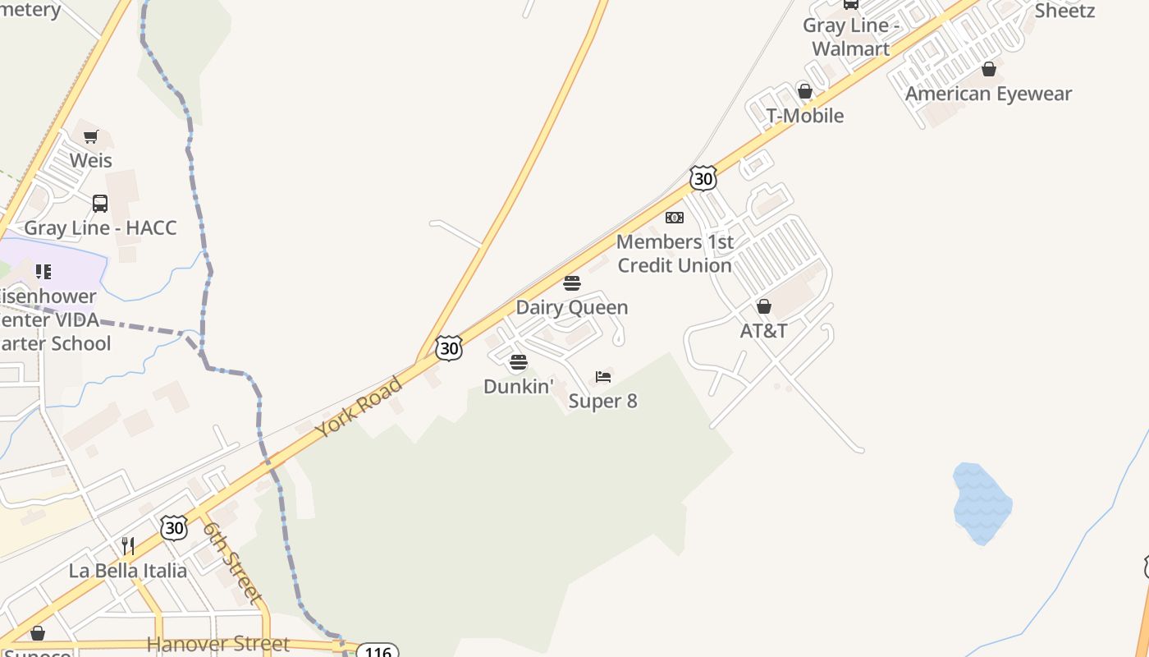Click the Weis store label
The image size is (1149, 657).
(90, 159)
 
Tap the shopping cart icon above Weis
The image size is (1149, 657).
(91, 136)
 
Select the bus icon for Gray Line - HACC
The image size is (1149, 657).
(100, 203)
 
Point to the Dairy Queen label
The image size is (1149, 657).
(571, 307)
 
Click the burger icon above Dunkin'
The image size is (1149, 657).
(518, 362)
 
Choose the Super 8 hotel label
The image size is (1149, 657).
(602, 401)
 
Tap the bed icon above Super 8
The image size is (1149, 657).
(603, 377)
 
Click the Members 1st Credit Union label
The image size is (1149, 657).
(674, 254)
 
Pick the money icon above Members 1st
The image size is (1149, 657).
(674, 218)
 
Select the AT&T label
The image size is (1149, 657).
(763, 330)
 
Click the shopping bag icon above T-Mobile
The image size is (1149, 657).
(805, 91)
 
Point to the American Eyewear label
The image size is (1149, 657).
(988, 94)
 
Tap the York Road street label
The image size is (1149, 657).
(359, 407)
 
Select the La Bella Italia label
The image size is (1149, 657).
(127, 570)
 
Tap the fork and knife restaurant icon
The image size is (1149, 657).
(128, 545)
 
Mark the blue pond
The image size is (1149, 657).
(982, 503)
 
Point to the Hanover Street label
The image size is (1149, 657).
(217, 644)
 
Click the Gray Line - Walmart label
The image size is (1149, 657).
(850, 37)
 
